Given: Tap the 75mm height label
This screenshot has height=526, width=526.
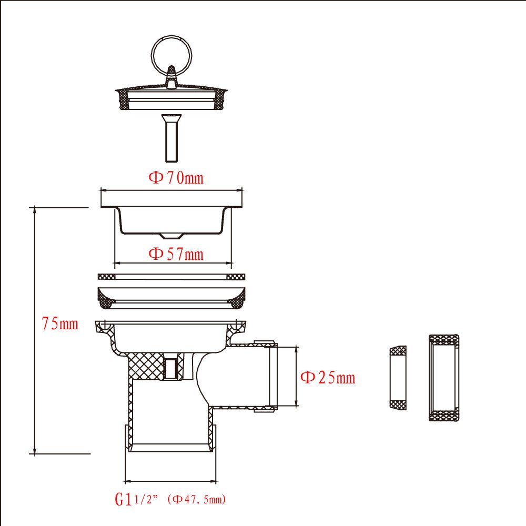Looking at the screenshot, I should pos(60,324).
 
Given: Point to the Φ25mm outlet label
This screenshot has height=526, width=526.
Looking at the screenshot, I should pos(327,377).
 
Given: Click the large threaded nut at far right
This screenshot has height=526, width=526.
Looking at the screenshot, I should pos(443,377).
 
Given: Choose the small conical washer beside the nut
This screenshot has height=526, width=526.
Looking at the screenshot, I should pos(398,377).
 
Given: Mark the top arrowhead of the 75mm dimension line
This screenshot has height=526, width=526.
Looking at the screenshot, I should pos(35,209).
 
